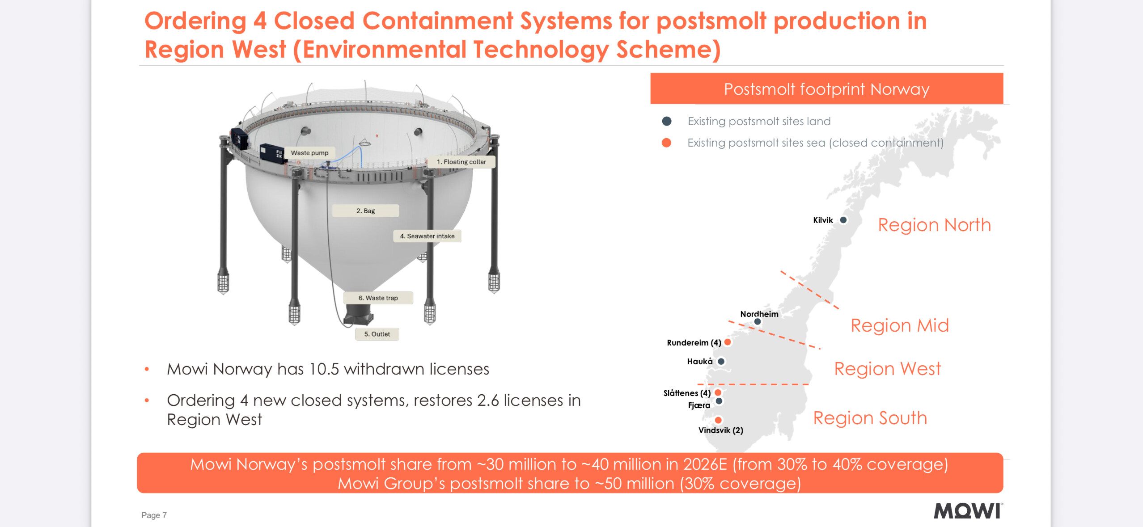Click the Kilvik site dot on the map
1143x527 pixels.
pos(843,220)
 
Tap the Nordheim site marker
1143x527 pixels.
pos(758,321)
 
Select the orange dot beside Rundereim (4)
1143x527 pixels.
pos(728,342)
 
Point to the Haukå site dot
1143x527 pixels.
pos(721,361)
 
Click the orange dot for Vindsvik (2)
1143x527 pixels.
pos(718,420)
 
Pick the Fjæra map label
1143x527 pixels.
pos(699,405)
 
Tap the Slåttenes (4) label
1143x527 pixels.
pos(687,393)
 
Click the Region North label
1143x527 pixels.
pos(934,225)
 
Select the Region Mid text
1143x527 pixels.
pos(899,325)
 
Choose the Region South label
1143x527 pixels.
pos(870,418)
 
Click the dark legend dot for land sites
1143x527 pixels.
pos(666,121)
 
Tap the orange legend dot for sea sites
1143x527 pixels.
pos(666,143)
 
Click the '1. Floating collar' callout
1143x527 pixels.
pos(461,162)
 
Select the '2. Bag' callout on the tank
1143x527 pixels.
pos(365,211)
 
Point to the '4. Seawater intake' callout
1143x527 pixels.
pos(427,236)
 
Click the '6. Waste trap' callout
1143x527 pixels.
pos(378,298)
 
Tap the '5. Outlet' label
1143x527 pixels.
pos(377,334)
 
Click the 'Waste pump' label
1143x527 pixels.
pos(309,153)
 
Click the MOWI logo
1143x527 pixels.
pos(968,511)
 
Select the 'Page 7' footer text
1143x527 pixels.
pos(154,515)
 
